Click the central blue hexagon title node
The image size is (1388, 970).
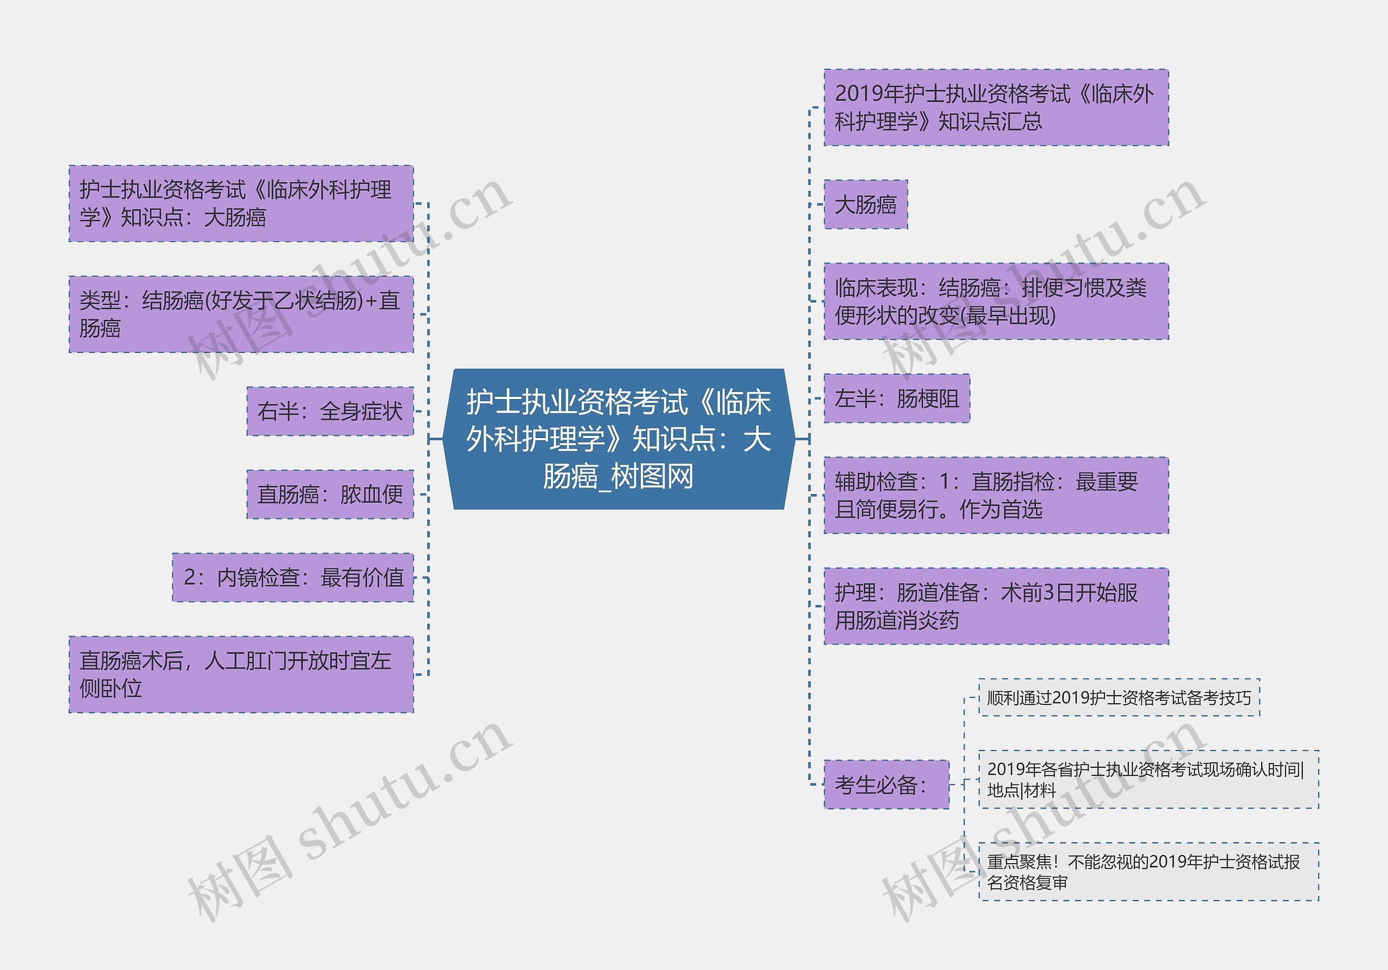pos(619,439)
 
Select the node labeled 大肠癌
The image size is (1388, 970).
pos(865,205)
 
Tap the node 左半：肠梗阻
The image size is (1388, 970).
pos(897,399)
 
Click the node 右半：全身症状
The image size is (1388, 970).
pos(330,412)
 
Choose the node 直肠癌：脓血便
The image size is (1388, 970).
pos(330,494)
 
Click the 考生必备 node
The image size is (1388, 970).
pos(885,785)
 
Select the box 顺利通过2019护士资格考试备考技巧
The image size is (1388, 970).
pos(1119,698)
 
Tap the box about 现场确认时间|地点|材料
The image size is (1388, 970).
pos(1148,780)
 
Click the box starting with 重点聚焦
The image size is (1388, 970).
pos(1148,872)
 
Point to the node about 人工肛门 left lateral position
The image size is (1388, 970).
pos(241,674)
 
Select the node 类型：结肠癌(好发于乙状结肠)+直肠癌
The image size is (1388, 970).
pos(241,314)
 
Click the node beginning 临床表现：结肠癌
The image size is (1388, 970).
pos(995,301)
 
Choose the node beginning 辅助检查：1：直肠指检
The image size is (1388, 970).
pos(995,496)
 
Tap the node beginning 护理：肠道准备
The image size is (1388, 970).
pos(995,606)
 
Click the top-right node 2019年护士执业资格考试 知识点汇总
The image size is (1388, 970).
pos(995,107)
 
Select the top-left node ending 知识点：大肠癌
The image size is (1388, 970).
pos(241,204)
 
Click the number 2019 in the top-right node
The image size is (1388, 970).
pos(859,94)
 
